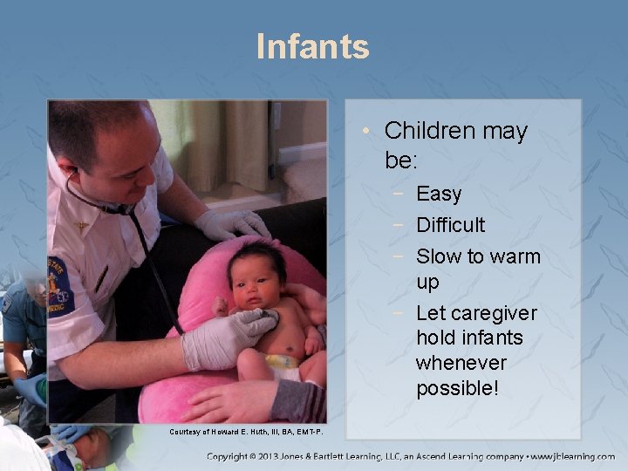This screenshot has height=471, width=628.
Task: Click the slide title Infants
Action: [313, 46]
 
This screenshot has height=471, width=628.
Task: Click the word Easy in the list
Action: [439, 194]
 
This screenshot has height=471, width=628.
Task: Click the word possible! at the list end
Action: [457, 388]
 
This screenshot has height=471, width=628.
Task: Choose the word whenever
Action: [460, 362]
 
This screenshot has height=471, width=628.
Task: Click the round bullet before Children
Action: [369, 132]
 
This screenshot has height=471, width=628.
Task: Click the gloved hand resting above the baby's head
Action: [230, 224]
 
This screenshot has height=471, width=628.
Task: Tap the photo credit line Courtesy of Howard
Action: [245, 432]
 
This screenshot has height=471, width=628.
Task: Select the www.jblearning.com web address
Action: [576, 456]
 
